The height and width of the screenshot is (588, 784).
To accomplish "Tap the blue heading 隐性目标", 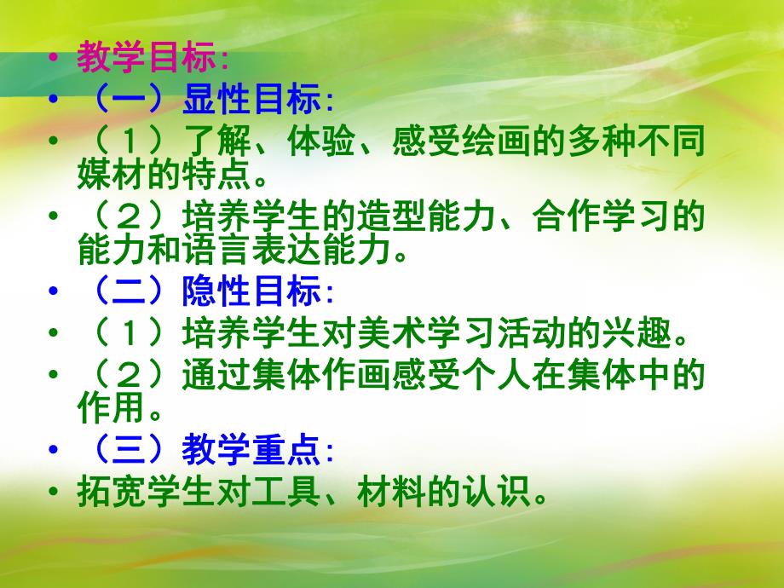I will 253,292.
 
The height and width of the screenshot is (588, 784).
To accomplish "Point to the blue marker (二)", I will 126,292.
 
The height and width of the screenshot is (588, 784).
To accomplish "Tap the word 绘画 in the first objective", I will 486,142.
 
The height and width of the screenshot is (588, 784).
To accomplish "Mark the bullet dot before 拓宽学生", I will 56,493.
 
